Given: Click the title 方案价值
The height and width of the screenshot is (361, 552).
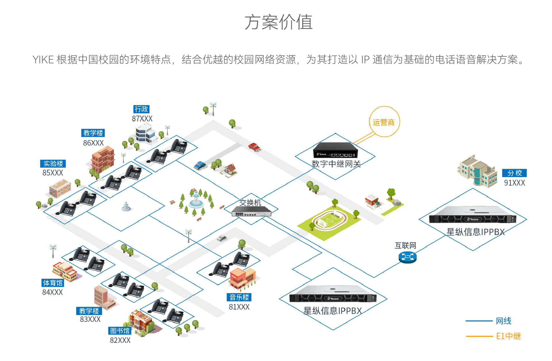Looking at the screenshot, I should tap(278, 22).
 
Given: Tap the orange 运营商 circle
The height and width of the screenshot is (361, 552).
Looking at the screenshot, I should tap(384, 122).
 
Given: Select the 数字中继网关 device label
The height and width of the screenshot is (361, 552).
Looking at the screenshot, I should tap(336, 164).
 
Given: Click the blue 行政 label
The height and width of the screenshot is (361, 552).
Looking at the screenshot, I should tap(141, 109).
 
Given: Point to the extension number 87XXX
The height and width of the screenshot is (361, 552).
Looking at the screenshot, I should tap(142, 119).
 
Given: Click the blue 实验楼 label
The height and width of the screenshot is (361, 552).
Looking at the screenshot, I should tap(53, 164).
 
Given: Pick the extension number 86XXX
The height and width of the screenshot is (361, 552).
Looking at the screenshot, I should tap(93, 143).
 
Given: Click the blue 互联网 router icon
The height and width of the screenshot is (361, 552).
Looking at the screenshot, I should tap(407, 257).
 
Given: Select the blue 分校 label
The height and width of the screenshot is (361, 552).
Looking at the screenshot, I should tap(514, 173).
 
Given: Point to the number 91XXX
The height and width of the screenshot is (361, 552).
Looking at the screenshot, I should tap(514, 183).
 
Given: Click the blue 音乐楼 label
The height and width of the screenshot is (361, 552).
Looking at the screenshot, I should tap(239, 297).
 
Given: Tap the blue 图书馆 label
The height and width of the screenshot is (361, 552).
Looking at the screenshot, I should tap(120, 331).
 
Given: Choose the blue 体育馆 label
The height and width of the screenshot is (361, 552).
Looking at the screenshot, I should tap(53, 283).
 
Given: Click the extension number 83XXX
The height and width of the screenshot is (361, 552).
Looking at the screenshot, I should tap(90, 319).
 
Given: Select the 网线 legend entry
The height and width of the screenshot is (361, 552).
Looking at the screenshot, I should tap(503, 321).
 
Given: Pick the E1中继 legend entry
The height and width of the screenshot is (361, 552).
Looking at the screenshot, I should tap(508, 336).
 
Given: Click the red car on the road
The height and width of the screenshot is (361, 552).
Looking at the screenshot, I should tap(254, 147).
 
